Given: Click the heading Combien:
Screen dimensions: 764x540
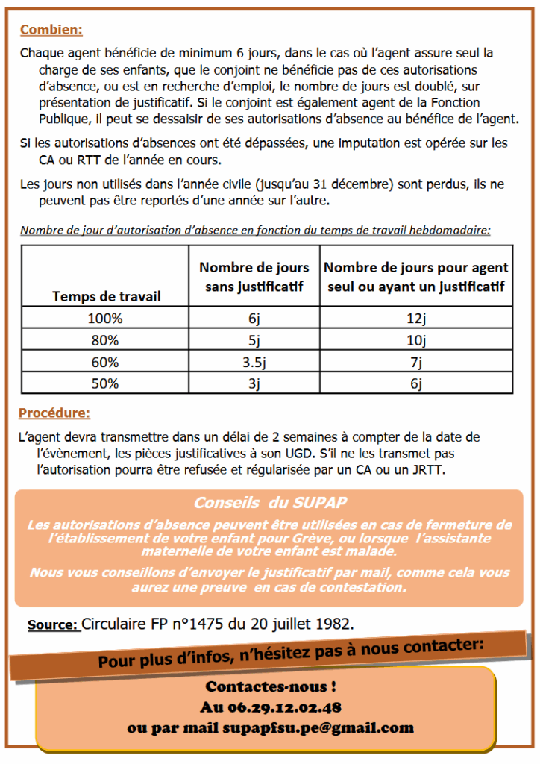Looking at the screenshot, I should click(51, 31).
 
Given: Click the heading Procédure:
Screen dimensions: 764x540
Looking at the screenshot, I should click(54, 413).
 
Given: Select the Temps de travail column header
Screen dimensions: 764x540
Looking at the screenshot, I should click(106, 296).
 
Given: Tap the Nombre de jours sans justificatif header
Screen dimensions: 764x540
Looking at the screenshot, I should click(254, 277).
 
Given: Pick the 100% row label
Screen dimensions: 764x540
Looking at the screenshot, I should click(106, 318).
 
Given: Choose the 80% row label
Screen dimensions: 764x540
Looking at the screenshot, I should click(106, 340).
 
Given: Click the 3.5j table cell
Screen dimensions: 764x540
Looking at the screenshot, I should click(254, 363).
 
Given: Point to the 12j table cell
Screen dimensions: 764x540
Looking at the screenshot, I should click(416, 318).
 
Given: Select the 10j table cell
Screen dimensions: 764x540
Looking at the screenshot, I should click(416, 340).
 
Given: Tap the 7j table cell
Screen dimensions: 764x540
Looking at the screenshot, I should click(416, 363).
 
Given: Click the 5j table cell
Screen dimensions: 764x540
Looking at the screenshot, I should click(254, 340).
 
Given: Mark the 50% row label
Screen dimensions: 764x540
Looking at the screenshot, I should click(106, 384).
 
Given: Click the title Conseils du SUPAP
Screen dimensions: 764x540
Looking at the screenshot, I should click(269, 503).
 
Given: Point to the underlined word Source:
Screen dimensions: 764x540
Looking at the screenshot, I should click(53, 624).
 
